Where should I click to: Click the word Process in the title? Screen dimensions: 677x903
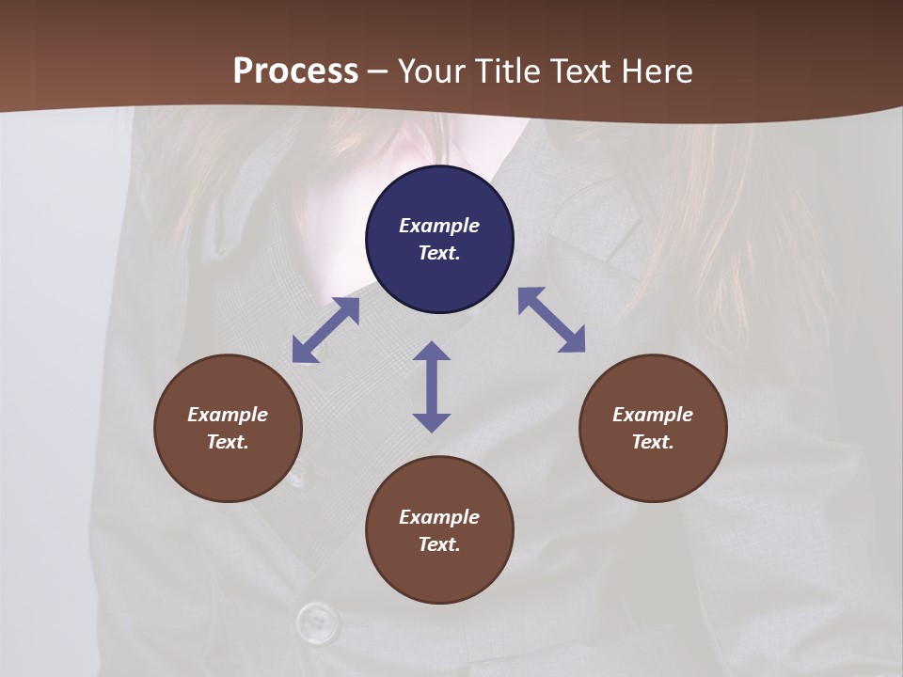click(x=295, y=71)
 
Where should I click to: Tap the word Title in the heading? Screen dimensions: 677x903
click(x=509, y=71)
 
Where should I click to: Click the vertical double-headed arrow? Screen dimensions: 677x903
click(x=432, y=386)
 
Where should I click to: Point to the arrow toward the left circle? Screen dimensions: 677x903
click(x=325, y=330)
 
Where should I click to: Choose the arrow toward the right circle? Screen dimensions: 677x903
click(x=551, y=320)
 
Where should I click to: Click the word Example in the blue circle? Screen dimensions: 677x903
click(x=439, y=226)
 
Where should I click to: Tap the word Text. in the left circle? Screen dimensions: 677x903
click(x=228, y=442)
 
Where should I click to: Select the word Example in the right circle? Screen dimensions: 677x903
click(x=653, y=415)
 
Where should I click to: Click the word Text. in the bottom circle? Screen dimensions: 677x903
click(x=439, y=544)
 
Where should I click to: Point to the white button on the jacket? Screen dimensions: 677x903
click(x=317, y=622)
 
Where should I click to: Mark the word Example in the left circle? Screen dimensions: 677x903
click(x=228, y=415)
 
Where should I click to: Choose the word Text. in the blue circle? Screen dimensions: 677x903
click(x=439, y=253)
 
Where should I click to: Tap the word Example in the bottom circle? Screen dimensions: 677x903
click(x=439, y=517)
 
